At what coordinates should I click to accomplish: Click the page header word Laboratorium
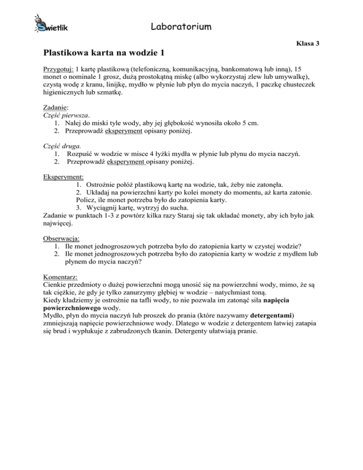click(181, 26)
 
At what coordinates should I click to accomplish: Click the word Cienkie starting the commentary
click(55, 283)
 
